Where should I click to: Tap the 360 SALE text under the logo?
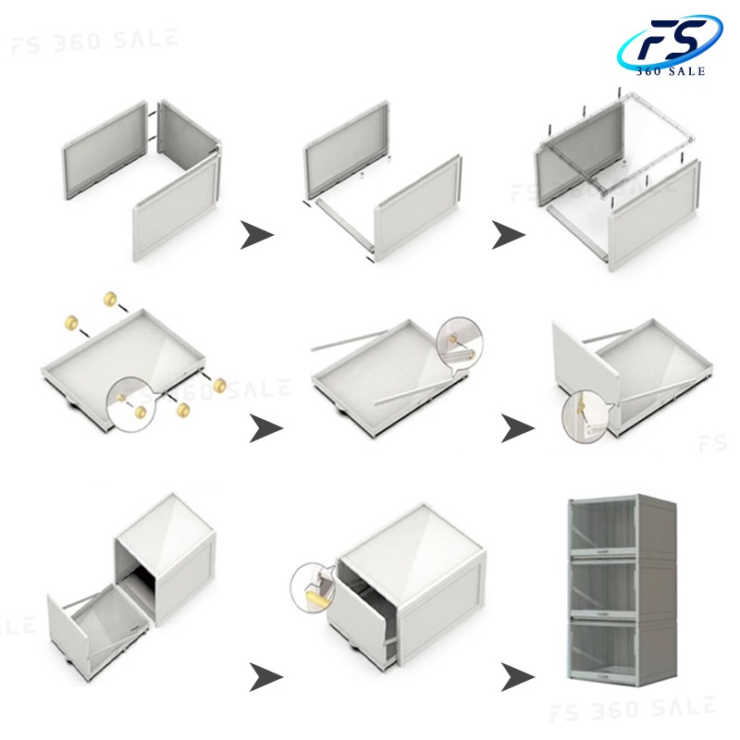[670, 71]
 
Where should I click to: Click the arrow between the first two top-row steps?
[256, 235]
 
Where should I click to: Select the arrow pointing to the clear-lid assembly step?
[508, 235]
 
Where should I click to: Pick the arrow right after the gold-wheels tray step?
[265, 428]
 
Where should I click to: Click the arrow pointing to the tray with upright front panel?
[517, 428]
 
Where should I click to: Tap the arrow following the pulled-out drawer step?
[265, 677]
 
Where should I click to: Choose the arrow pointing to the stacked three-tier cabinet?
[517, 677]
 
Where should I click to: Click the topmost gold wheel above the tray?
[110, 299]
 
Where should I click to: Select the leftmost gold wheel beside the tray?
[71, 323]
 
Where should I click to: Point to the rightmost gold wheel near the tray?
[220, 385]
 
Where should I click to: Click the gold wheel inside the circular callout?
[141, 412]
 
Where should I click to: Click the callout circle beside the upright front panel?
[586, 416]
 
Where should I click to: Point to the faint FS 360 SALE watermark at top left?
[95, 41]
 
